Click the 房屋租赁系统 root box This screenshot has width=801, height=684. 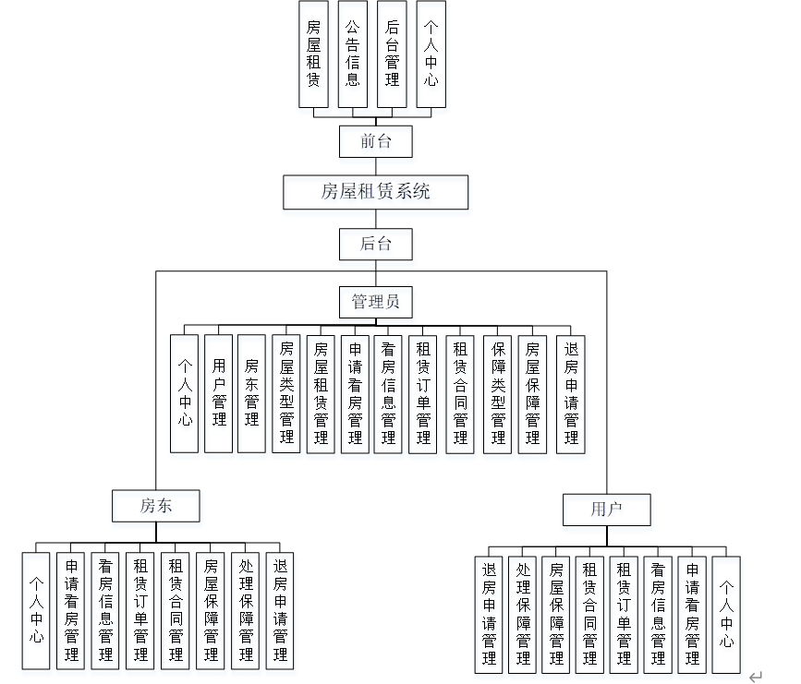click(375, 193)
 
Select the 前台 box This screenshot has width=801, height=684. click(375, 141)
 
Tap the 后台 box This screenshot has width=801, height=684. click(375, 244)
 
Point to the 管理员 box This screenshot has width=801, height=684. click(375, 302)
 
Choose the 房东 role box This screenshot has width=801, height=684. click(156, 505)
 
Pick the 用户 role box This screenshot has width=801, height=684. click(607, 509)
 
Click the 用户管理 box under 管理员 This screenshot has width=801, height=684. click(218, 392)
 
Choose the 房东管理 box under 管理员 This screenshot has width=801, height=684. click(251, 392)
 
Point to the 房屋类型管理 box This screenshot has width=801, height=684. click(286, 392)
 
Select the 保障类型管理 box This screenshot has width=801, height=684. click(497, 392)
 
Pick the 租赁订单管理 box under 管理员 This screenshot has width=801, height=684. click(423, 392)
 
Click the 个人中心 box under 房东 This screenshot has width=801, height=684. click(36, 610)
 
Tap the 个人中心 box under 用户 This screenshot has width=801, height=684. click(726, 613)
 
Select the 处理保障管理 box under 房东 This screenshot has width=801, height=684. click(246, 610)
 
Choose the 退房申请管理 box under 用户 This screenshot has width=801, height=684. click(489, 613)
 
